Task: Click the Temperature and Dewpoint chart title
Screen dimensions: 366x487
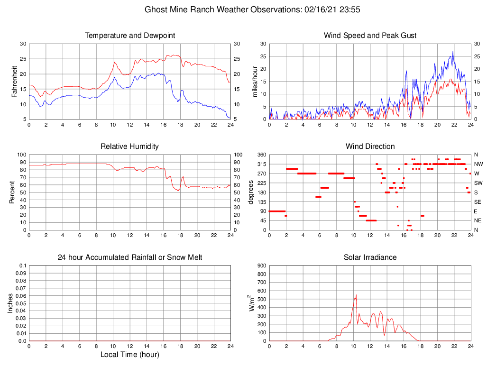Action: (130, 36)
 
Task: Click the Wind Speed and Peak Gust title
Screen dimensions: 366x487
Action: (370, 36)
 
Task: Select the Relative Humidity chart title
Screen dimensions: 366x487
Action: (130, 146)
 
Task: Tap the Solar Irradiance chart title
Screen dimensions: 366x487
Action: (370, 257)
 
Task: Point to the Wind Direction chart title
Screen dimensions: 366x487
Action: (370, 146)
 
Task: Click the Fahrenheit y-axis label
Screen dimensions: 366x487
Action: (14, 82)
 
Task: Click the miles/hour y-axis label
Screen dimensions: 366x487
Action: (255, 82)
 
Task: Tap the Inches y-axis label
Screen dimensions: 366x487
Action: (10, 303)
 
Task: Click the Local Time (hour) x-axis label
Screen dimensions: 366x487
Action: (130, 355)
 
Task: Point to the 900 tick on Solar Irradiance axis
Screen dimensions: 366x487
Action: (261, 265)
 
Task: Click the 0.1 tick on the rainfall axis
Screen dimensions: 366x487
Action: (22, 265)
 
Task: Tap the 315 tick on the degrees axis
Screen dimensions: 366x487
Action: (261, 164)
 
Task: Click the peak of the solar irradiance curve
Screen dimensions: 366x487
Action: (356, 295)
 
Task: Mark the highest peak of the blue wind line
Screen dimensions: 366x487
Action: (453, 52)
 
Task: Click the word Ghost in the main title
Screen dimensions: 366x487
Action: (156, 9)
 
